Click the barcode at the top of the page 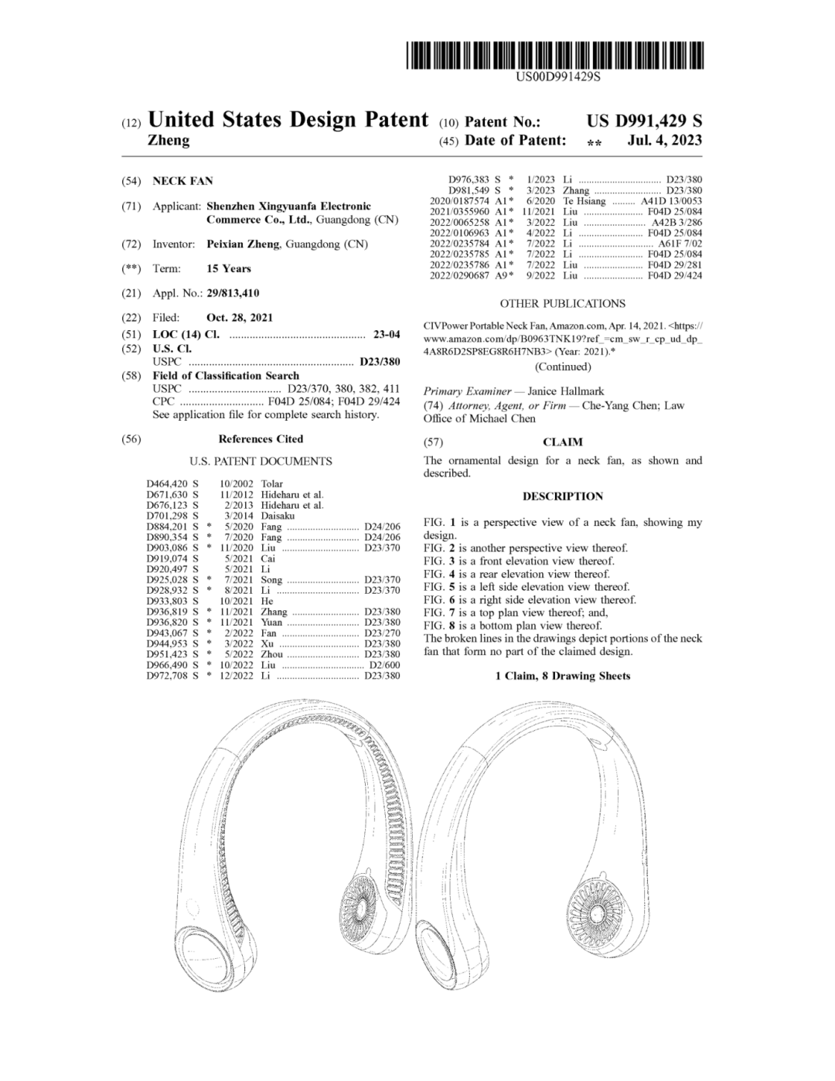[556, 56]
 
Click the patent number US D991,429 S [644, 121]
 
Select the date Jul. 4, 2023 [665, 141]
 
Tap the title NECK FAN [182, 181]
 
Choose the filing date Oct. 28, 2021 [240, 317]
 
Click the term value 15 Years [229, 268]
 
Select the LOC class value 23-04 [387, 334]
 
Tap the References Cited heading [261, 439]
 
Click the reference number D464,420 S [172, 484]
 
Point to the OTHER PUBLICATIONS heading [562, 304]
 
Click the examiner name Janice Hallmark [566, 391]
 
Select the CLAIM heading [562, 442]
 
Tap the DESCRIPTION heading [562, 496]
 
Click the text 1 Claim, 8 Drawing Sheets [562, 676]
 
